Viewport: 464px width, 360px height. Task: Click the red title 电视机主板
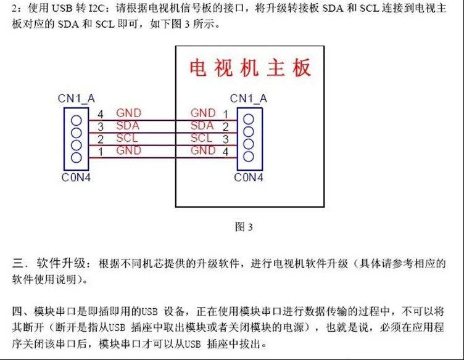pos(250,68)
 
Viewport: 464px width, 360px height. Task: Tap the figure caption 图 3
pos(244,227)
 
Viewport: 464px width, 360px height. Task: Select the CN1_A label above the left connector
pos(77,99)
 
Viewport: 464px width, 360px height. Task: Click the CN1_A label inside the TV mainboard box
pos(249,99)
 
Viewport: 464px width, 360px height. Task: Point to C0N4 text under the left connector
pos(76,178)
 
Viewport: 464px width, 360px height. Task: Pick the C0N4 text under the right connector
pos(249,178)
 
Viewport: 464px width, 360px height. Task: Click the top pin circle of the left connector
pos(77,120)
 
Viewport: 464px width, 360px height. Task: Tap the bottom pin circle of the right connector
pos(249,157)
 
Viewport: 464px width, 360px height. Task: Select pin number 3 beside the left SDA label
pos(101,127)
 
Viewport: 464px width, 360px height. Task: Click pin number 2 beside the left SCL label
pos(101,139)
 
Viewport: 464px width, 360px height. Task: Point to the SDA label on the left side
pos(128,125)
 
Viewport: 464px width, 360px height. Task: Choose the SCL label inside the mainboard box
pos(201,137)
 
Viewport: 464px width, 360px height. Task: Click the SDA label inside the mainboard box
pos(202,125)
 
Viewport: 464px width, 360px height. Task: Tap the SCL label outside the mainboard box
pos(127,137)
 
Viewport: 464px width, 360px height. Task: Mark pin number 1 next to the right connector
pos(226,114)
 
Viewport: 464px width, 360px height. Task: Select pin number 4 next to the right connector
pos(225,152)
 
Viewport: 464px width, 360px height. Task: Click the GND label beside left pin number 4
pos(129,113)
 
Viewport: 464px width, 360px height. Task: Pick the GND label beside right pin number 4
pos(203,150)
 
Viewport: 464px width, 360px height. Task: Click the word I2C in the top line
pos(97,8)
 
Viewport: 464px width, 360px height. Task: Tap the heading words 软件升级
pos(61,263)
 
